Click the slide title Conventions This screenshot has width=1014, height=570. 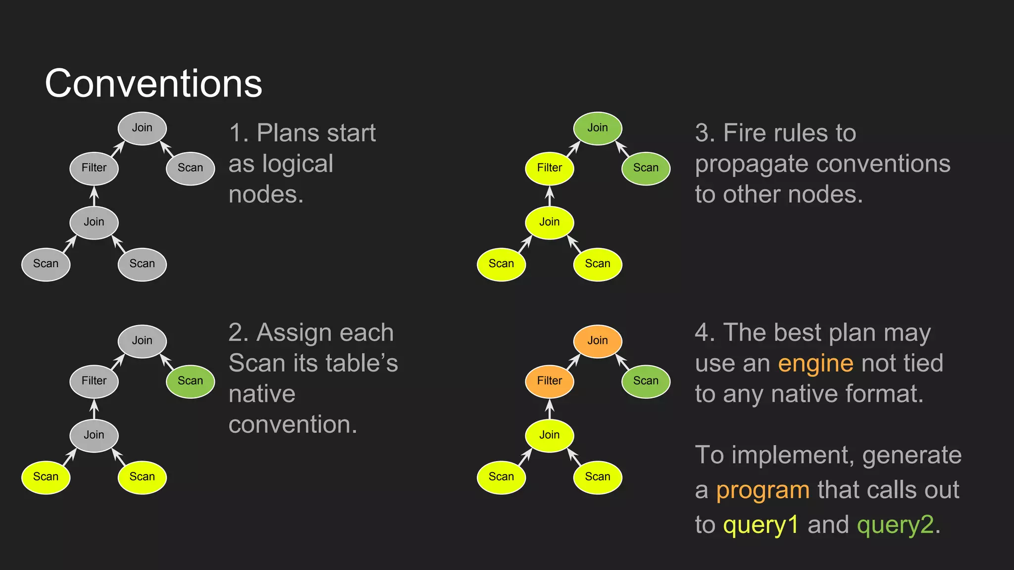(153, 83)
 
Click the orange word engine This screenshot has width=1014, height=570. (815, 363)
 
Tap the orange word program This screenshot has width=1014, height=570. (762, 490)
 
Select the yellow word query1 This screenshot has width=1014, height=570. (761, 525)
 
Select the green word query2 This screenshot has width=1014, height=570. (895, 525)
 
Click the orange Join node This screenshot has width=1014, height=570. (598, 341)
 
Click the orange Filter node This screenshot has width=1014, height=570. (550, 381)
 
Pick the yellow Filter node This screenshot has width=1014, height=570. (550, 168)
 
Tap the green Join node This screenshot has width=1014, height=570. (598, 128)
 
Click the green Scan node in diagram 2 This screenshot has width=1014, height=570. (191, 381)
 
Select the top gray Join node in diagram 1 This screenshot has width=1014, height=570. (142, 128)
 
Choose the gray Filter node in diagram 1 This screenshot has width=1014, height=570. (94, 168)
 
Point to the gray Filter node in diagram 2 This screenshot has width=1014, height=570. (94, 381)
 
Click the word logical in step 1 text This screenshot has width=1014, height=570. (298, 164)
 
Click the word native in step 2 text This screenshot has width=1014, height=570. (262, 394)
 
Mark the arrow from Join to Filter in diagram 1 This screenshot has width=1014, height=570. (94, 196)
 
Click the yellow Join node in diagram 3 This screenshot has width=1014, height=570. (550, 222)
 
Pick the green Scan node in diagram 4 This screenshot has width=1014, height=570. (646, 381)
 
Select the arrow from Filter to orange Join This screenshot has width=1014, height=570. (573, 362)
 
